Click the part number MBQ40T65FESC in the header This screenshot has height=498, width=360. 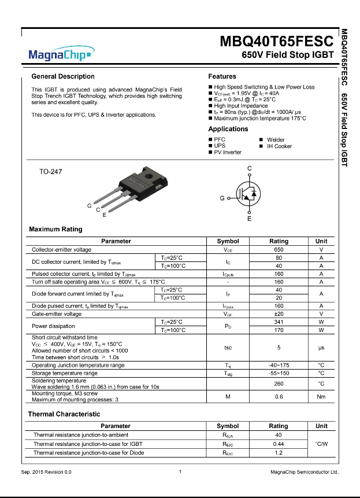[x=277, y=42]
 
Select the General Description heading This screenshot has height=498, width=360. [x=63, y=76]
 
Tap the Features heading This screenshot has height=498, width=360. [x=222, y=76]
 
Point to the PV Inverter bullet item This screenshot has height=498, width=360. [x=228, y=153]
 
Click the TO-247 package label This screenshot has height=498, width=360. [x=50, y=172]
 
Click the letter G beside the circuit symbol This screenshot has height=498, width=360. [x=222, y=198]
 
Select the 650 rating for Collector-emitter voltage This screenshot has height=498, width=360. [x=279, y=250]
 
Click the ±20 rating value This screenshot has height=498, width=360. [x=279, y=313]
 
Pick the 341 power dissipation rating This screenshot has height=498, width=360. [x=279, y=322]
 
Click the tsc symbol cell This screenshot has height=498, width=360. [x=228, y=348]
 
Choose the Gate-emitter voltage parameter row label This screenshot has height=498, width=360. [x=57, y=313]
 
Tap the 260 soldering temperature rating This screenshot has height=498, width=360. [x=279, y=383]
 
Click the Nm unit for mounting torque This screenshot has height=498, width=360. [x=321, y=397]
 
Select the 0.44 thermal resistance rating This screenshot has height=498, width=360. [x=278, y=444]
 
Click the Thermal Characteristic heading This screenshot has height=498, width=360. [x=64, y=414]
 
